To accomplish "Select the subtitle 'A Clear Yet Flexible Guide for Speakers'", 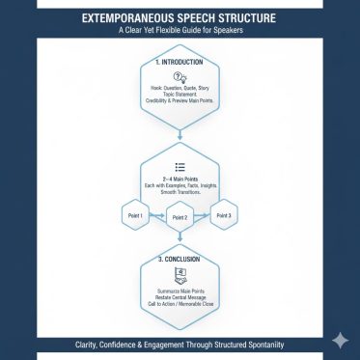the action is [180, 30].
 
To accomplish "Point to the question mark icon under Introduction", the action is [180, 77].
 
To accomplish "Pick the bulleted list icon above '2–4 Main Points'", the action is [180, 166].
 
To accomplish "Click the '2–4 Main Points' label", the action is [180, 178].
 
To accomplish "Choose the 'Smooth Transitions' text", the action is [180, 193].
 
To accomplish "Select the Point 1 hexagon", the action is [135, 214].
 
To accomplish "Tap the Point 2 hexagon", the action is [180, 218].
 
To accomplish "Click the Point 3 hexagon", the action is [224, 214].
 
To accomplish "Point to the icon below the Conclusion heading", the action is [180, 275].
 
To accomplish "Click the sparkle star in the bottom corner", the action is [340, 340].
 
